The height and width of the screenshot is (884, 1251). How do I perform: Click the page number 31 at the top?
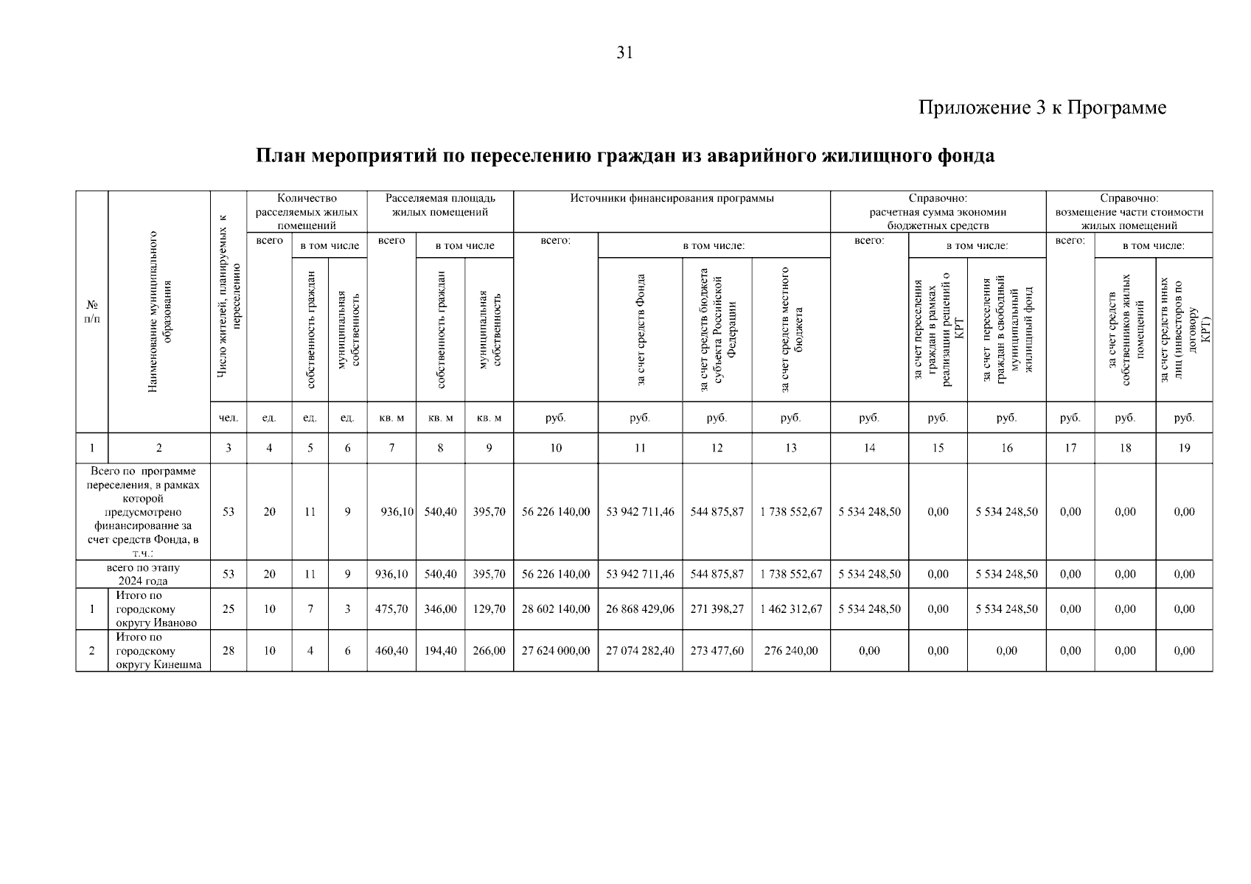(624, 53)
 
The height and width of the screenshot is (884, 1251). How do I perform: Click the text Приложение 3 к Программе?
(1042, 108)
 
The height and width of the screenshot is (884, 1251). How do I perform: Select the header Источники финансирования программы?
(672, 198)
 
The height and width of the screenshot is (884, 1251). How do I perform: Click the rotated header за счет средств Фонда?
(641, 330)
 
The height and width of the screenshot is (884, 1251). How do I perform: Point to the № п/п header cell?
(92, 312)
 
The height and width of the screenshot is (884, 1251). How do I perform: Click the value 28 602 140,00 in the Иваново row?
(556, 609)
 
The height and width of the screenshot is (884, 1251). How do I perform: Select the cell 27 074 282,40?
(640, 651)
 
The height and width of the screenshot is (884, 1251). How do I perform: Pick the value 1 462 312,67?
(791, 609)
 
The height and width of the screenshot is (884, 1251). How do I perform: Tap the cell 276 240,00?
(791, 651)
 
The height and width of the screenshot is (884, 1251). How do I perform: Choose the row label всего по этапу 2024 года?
(143, 575)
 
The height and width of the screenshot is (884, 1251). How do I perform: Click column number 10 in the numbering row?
(556, 448)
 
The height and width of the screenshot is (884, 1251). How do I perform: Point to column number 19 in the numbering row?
(1184, 448)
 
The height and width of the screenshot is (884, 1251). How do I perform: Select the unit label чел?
(229, 418)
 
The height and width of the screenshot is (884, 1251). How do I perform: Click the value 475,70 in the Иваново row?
(391, 609)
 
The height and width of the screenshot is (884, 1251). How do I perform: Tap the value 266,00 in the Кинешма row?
(489, 651)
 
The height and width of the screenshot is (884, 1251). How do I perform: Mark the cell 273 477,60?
(717, 651)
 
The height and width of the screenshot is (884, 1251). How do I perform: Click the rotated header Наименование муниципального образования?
(159, 312)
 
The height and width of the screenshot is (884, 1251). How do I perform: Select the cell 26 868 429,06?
(640, 609)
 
